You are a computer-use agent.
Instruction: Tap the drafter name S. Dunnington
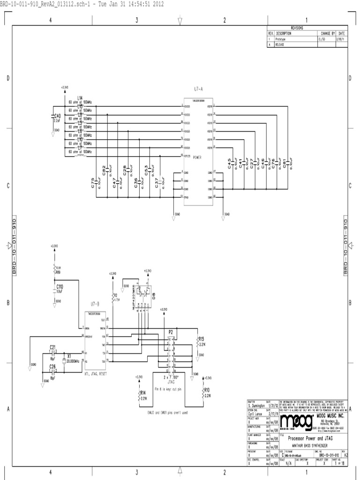pos(256,406)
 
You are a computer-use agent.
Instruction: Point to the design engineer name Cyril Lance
pos(255,414)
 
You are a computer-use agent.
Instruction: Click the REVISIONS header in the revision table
pos(297,28)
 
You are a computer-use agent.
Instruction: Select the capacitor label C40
pos(57,115)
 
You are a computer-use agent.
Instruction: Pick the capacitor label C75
pos(93,183)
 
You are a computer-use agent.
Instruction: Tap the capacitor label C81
pos(285,162)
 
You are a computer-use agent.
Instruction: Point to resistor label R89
pos(58,271)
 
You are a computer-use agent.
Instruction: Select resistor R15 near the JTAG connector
pos(202,338)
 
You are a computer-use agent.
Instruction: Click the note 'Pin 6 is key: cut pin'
pos(167,389)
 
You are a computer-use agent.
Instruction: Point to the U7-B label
pos(95,304)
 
